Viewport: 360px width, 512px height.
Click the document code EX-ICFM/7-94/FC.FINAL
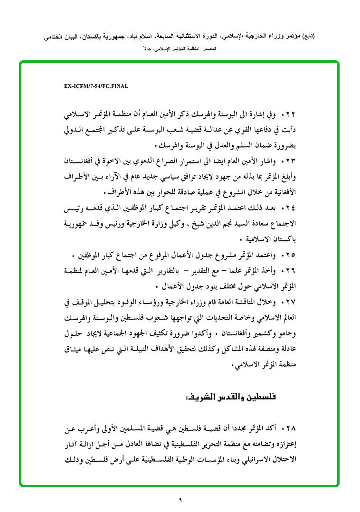coord(95,86)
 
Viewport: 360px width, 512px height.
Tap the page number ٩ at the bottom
coord(180,499)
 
